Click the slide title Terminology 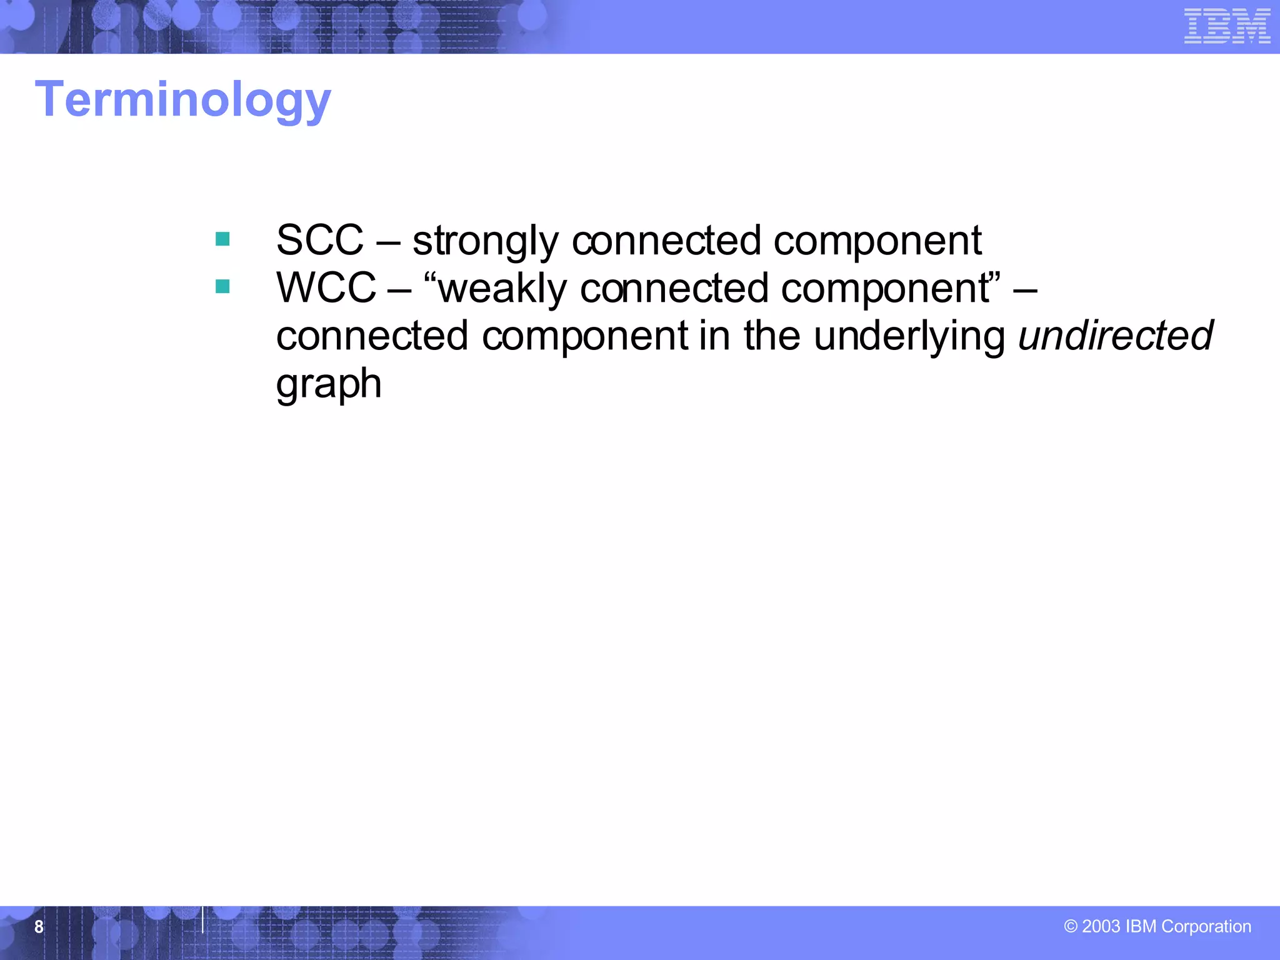pos(182,100)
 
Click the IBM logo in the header pos(1227,26)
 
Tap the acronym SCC pos(319,240)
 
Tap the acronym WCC pos(326,288)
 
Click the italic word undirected pos(1116,336)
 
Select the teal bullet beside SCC pos(222,239)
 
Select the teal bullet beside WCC pos(222,286)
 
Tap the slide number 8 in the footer pos(39,926)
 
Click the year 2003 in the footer pos(1101,926)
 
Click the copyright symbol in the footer pos(1071,926)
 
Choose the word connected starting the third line pos(372,336)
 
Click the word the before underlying pos(771,336)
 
